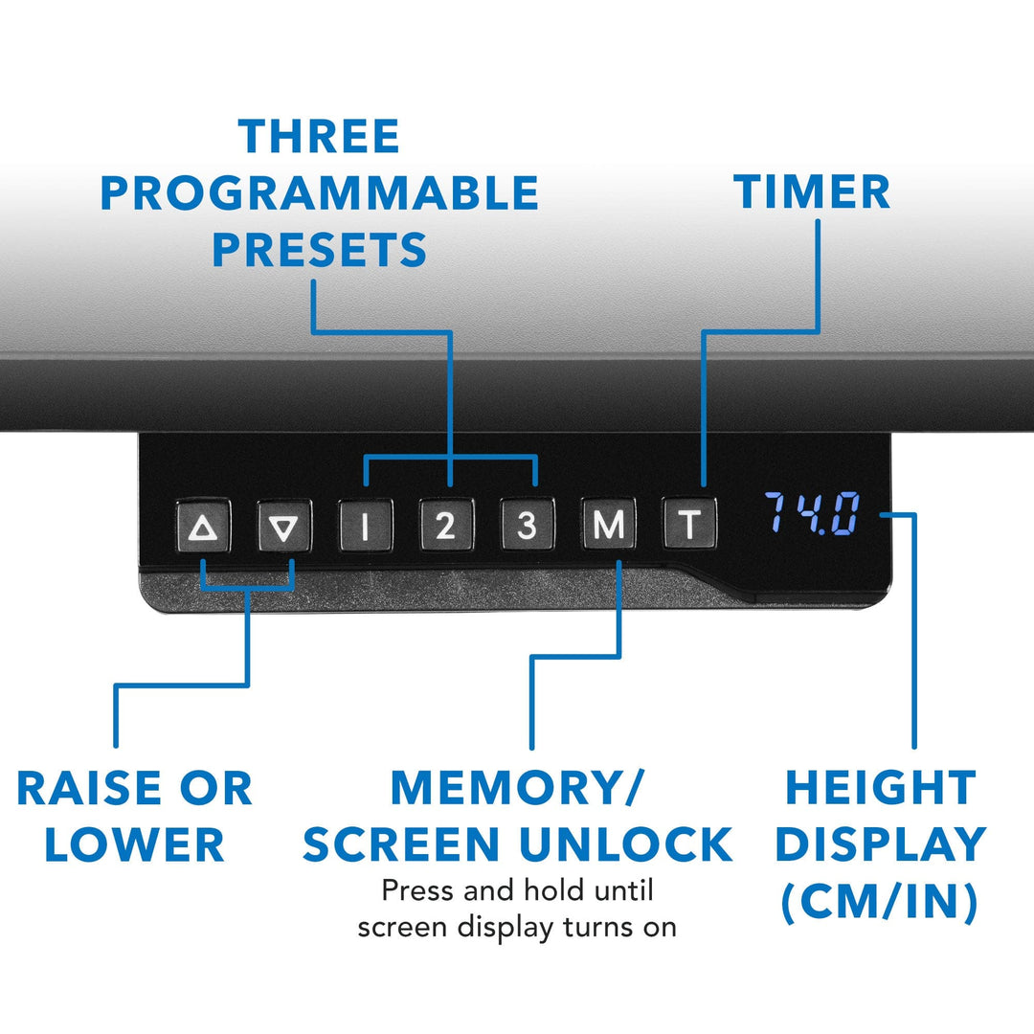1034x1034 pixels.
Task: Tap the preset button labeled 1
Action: [x=366, y=525]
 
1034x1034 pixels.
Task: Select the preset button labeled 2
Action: [x=446, y=525]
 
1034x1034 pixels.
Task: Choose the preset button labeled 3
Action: [x=527, y=525]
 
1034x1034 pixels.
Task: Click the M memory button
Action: [x=608, y=525]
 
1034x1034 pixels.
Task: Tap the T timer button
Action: [x=689, y=525]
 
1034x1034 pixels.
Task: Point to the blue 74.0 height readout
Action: [x=813, y=513]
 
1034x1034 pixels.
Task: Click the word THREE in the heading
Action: [x=319, y=137]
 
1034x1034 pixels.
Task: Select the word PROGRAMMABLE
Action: [x=320, y=192]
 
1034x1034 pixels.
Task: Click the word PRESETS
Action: [x=320, y=249]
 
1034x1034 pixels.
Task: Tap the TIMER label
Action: [x=812, y=191]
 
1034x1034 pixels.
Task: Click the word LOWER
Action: [x=135, y=844]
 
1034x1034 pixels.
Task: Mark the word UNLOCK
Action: [x=626, y=844]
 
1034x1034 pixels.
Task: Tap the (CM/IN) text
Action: [x=880, y=902]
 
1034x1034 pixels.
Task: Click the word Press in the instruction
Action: [x=418, y=891]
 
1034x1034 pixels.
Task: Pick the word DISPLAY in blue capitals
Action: [x=881, y=844]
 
